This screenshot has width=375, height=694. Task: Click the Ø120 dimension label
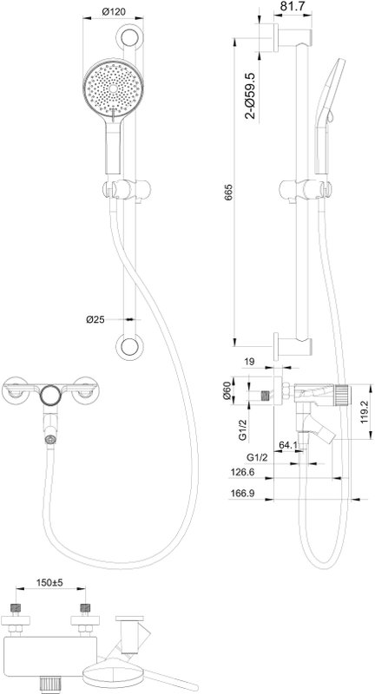point(114,12)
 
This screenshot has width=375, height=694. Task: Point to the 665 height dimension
point(228,192)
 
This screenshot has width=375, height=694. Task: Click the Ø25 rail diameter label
point(95,319)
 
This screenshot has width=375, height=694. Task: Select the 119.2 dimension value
point(364,413)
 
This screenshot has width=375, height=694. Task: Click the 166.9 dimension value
point(242,494)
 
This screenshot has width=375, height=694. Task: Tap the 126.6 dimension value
point(242,473)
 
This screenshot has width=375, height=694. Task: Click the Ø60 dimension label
point(228,390)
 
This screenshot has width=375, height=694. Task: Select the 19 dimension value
point(250,362)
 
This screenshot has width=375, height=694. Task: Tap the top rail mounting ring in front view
point(129,37)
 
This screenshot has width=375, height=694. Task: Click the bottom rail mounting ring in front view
point(129,345)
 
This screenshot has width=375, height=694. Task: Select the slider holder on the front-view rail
point(127,190)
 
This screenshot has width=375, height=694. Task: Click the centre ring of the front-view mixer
point(49,394)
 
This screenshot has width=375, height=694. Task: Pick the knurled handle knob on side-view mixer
point(341,395)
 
